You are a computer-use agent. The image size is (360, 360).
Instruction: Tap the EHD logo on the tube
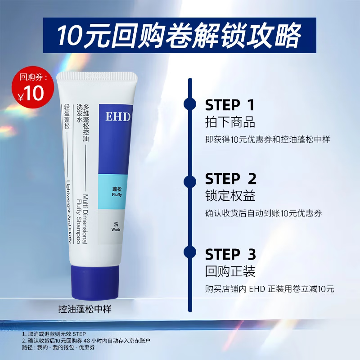tap(118, 117)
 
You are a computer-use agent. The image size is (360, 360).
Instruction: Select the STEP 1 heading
tap(229, 105)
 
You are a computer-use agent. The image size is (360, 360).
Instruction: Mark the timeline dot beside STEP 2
tap(190, 181)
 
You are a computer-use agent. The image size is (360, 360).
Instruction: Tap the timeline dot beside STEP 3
tap(190, 252)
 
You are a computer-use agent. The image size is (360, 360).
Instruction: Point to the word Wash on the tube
tap(115, 229)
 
